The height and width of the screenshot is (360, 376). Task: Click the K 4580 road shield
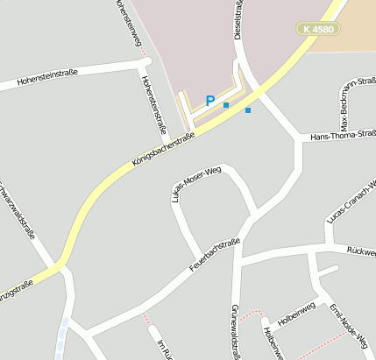tap(316, 29)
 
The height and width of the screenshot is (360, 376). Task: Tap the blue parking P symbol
tap(209, 101)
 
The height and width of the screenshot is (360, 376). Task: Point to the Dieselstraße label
tap(238, 19)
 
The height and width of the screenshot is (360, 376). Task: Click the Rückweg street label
tap(361, 250)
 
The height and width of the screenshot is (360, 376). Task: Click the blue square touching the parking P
tap(226, 105)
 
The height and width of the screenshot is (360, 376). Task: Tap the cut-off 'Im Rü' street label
tap(162, 349)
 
